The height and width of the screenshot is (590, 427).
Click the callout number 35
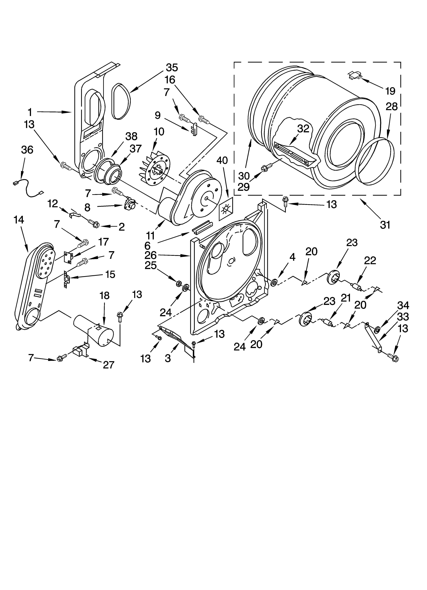point(172,68)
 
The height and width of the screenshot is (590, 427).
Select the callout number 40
point(222,161)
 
